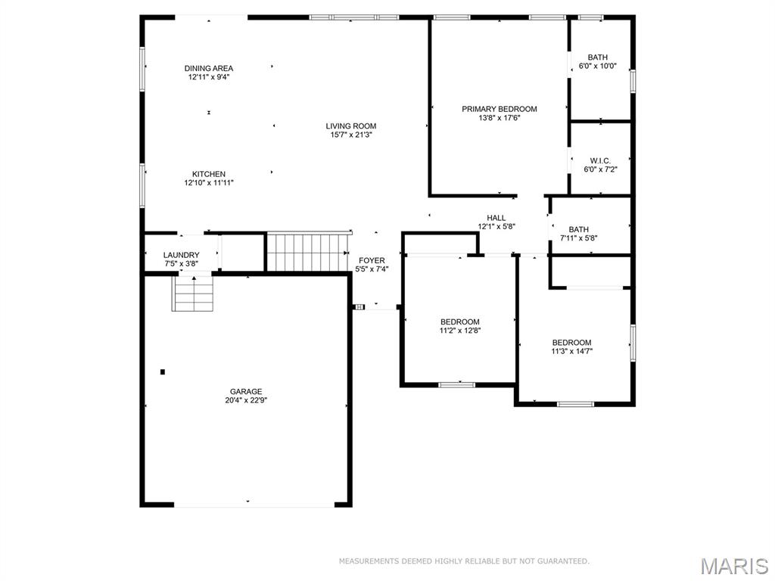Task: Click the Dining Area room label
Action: (208, 68)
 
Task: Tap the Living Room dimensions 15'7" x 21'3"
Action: (350, 135)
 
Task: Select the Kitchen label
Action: (208, 174)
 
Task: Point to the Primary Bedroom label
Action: (500, 109)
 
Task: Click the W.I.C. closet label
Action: (600, 160)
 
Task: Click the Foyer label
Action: (372, 260)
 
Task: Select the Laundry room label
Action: (182, 255)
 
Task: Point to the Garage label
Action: (246, 391)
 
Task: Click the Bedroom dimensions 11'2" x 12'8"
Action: (460, 331)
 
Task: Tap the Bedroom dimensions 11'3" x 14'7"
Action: (571, 351)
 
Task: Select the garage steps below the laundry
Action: (194, 294)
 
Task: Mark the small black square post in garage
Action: (162, 371)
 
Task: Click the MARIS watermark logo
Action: (733, 565)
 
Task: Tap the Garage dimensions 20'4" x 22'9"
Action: (246, 400)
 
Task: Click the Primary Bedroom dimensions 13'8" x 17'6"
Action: (500, 118)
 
